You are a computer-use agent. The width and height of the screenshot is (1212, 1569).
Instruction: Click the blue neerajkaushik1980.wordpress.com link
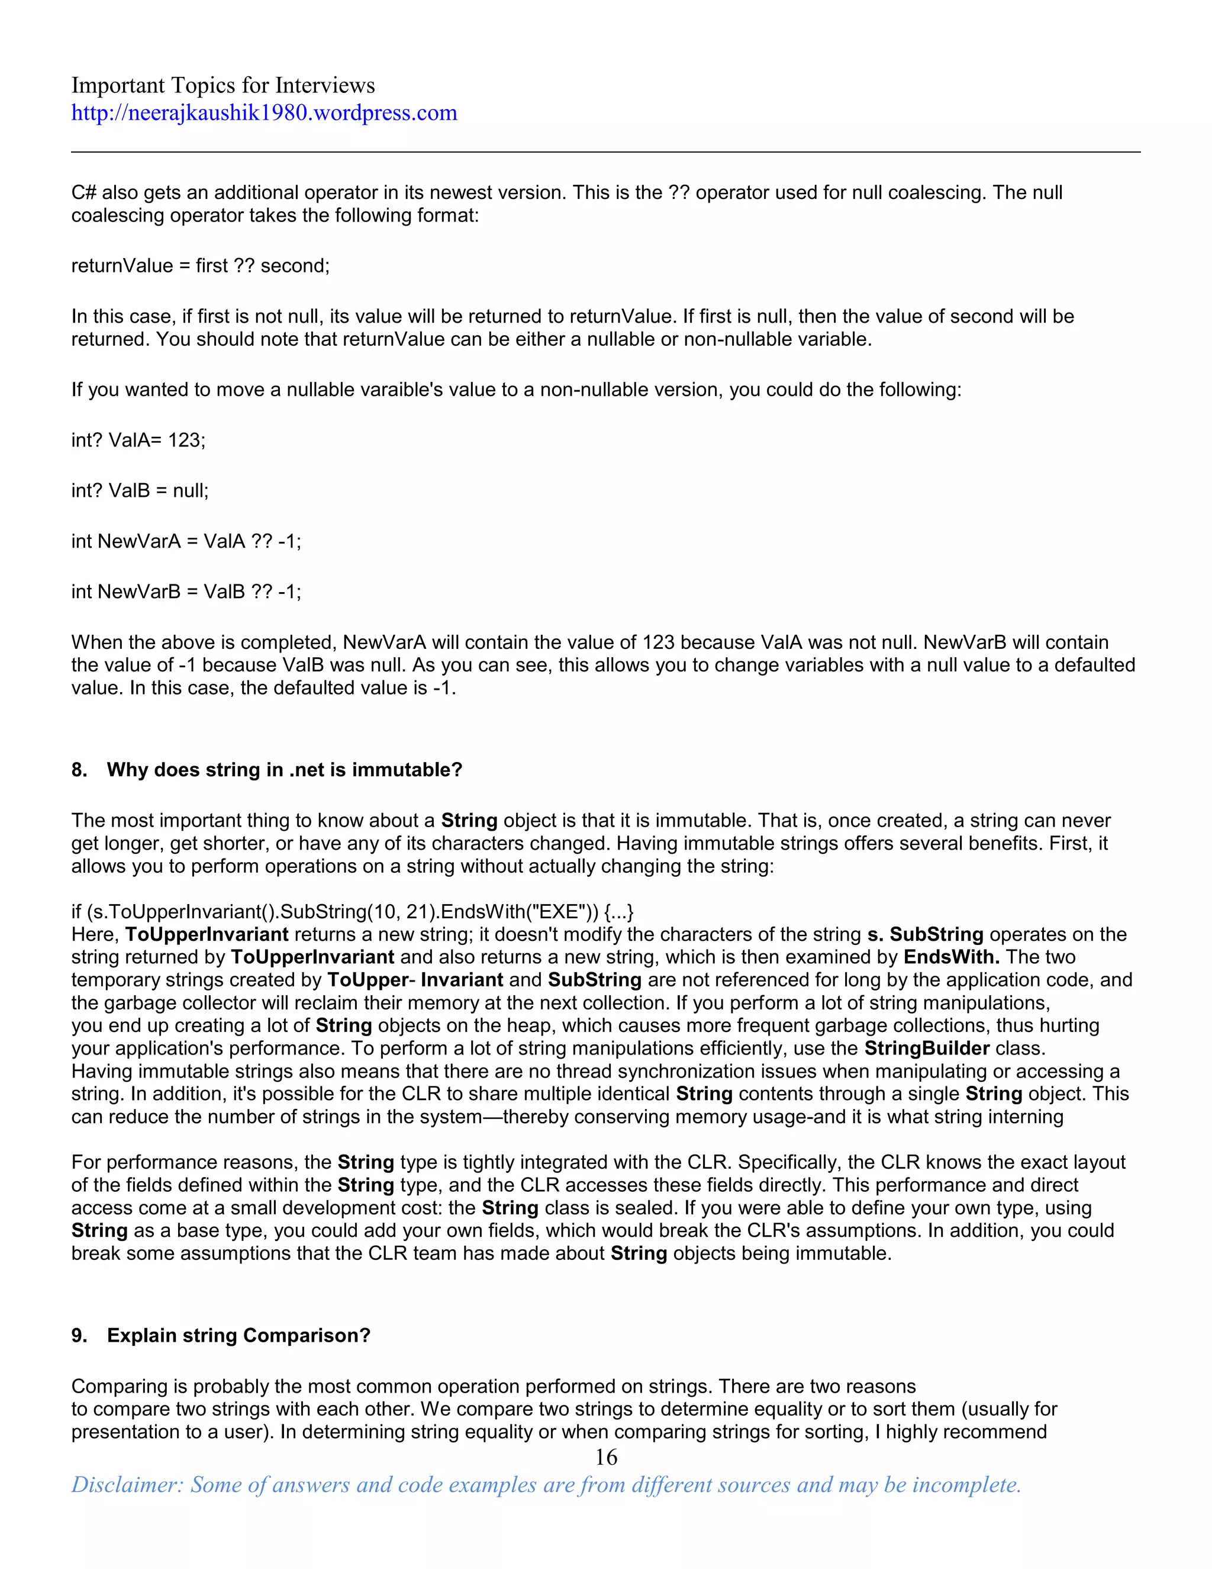click(263, 112)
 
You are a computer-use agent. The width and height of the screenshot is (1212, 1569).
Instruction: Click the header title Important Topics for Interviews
click(223, 85)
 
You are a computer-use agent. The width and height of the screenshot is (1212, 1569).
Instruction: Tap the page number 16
click(606, 1457)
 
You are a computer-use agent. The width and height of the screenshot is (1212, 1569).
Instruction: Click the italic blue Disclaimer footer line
click(546, 1484)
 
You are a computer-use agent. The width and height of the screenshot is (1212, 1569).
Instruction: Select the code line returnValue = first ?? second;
click(201, 266)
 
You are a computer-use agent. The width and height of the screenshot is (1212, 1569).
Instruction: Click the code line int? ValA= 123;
click(138, 440)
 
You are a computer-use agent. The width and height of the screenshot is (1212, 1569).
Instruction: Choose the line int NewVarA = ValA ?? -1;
click(186, 541)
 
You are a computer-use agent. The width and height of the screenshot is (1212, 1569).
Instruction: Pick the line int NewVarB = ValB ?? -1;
click(186, 591)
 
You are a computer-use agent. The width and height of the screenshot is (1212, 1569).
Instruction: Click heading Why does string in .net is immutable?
click(284, 770)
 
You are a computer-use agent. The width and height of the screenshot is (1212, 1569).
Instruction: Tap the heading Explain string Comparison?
click(238, 1335)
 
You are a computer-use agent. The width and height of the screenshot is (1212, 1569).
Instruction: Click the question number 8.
click(78, 770)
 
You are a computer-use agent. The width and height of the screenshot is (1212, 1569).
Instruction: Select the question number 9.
click(78, 1335)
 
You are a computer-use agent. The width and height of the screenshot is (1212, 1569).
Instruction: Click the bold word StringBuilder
click(926, 1048)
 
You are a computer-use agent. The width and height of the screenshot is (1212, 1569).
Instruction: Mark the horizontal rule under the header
click(605, 152)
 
